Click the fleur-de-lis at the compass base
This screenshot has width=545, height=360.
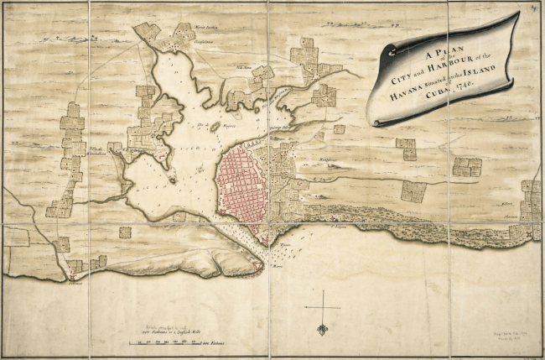coord(322,329)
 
